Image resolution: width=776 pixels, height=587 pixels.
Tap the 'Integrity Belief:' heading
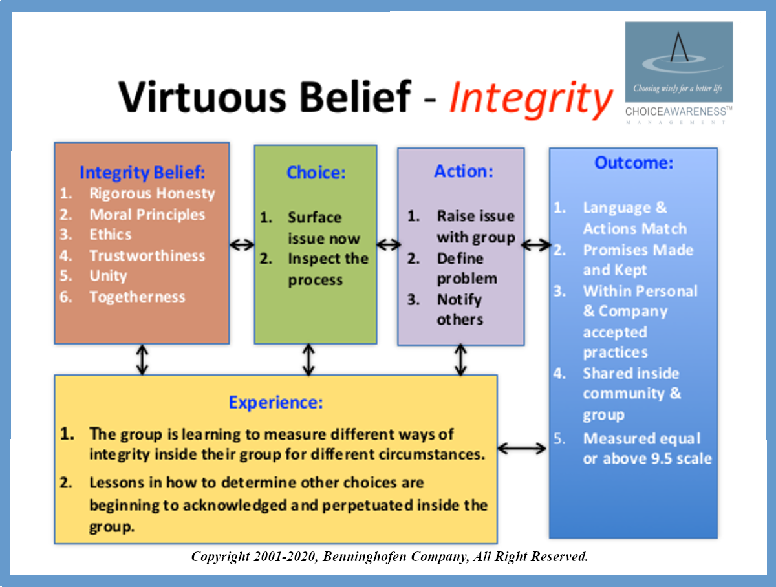[x=142, y=173]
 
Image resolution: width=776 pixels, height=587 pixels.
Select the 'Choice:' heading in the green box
[x=316, y=173]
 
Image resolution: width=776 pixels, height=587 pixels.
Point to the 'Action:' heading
[x=464, y=171]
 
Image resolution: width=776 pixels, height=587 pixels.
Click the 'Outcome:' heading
[x=634, y=163]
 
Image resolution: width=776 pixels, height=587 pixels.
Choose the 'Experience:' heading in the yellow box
[x=275, y=403]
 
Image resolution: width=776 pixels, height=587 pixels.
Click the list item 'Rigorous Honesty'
[x=152, y=194]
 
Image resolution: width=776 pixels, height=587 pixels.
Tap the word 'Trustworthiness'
[x=147, y=255]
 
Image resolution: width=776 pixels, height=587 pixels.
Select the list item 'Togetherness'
[x=137, y=297]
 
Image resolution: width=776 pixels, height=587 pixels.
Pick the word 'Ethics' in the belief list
[x=111, y=235]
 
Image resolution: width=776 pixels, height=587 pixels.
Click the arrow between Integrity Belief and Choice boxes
[x=242, y=244]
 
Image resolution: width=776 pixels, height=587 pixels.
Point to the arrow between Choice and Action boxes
[x=388, y=244]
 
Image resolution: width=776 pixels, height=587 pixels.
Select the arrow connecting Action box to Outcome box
[x=536, y=244]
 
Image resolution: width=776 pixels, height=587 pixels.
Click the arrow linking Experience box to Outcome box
[x=522, y=449]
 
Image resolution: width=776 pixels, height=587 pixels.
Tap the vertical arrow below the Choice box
[x=308, y=359]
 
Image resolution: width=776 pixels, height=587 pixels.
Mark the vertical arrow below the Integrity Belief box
[x=142, y=359]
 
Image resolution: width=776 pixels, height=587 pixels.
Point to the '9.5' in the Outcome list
[x=663, y=458]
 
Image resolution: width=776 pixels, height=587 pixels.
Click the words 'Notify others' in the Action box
[x=460, y=310]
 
